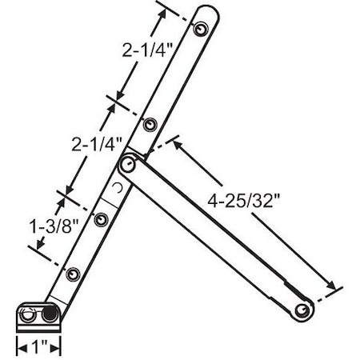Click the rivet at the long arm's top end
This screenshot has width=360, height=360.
[201, 28]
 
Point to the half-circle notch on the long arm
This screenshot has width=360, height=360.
[118, 189]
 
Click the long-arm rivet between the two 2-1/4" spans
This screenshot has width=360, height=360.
[150, 124]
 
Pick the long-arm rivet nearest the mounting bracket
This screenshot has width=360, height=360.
[73, 274]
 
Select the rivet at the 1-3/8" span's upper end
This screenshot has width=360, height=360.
[101, 218]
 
